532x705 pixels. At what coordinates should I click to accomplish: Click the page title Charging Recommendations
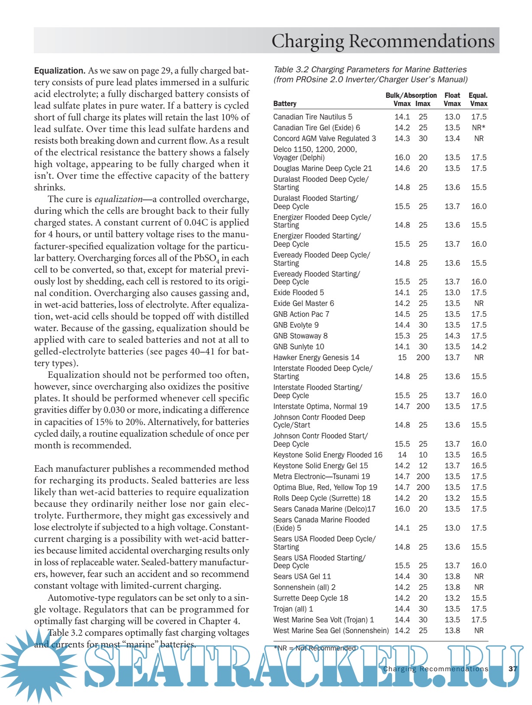click(383, 41)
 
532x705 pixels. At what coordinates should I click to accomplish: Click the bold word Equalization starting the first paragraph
click(59, 71)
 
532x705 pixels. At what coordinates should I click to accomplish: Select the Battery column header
click(285, 104)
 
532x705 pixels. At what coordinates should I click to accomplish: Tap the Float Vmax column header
click(452, 100)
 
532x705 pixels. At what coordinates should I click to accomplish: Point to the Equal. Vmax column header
click(478, 100)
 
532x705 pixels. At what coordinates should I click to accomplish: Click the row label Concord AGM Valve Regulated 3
click(324, 138)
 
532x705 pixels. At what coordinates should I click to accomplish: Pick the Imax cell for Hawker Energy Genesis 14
click(423, 357)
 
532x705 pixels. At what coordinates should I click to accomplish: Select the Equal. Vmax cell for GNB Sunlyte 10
click(479, 347)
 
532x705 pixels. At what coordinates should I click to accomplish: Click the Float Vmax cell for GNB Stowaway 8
click(452, 336)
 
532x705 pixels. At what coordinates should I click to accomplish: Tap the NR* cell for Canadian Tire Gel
click(479, 128)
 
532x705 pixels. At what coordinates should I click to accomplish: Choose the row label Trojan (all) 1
click(293, 609)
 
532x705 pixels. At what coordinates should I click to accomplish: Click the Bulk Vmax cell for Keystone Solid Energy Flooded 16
click(402, 455)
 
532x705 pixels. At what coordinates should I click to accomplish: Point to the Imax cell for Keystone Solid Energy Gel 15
click(423, 466)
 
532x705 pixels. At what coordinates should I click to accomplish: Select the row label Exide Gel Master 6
click(304, 303)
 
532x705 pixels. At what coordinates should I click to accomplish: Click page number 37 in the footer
click(513, 669)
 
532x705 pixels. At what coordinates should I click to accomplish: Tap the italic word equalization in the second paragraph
click(118, 199)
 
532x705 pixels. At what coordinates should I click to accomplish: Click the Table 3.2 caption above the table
click(370, 74)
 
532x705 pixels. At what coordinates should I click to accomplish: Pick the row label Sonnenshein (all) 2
click(304, 587)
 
